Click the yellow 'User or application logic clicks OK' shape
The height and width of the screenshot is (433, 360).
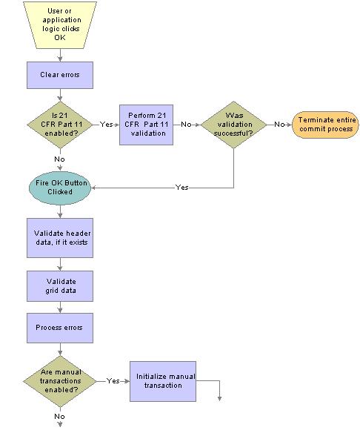point(60,25)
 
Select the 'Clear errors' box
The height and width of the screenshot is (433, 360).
point(60,75)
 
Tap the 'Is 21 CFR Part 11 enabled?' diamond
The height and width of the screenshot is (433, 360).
point(60,125)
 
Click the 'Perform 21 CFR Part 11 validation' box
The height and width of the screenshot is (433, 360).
point(146,125)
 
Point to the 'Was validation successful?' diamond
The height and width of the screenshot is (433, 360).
point(233,125)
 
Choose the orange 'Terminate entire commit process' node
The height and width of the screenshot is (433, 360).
point(325,125)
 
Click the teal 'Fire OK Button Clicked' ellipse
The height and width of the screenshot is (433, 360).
point(60,188)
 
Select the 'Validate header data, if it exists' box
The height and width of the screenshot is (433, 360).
point(60,238)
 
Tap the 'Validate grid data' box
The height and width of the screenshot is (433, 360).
point(60,286)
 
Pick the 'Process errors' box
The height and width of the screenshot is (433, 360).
point(60,328)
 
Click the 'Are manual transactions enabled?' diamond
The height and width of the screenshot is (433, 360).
point(60,381)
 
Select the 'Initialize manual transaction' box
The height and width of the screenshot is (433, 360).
point(163,381)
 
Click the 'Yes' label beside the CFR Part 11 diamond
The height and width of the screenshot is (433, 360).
point(106,125)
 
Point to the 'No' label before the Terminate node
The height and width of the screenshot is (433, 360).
point(279,125)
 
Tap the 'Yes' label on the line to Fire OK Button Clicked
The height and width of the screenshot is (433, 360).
point(182,188)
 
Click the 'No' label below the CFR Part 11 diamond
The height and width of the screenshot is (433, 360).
point(59,159)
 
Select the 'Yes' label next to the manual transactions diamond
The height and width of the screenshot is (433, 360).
point(113,381)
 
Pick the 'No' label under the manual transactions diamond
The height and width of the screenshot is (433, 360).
point(59,417)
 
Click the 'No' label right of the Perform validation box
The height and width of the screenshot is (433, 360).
point(186,125)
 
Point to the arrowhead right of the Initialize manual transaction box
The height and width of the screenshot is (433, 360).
point(219,399)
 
